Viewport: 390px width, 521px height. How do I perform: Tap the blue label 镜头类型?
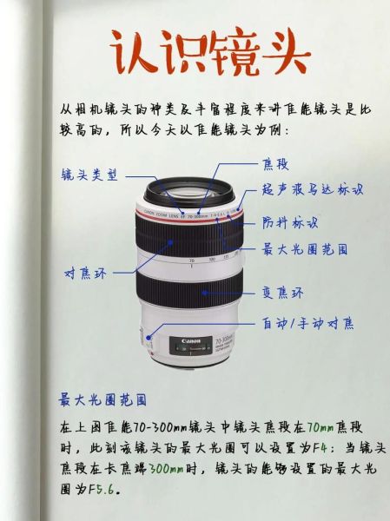tap(89, 174)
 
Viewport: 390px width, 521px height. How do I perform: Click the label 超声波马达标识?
tap(312, 188)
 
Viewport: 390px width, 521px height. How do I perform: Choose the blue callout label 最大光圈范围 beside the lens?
tap(305, 249)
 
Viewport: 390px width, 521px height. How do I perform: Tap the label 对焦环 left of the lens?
tap(85, 274)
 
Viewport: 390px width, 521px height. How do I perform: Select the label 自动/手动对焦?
tap(308, 323)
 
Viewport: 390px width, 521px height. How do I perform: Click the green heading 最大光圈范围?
tap(102, 400)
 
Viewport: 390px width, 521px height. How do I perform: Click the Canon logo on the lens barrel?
tap(192, 341)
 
